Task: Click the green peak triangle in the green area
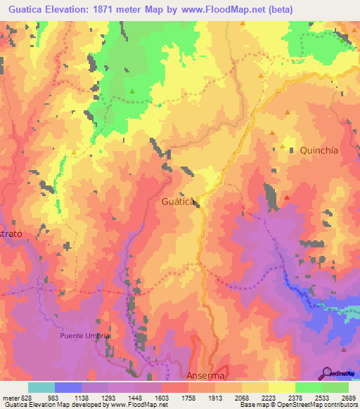tap(131, 91)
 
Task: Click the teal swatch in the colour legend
tap(41, 387)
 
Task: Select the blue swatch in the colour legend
tap(68, 387)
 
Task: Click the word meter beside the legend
tap(10, 398)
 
